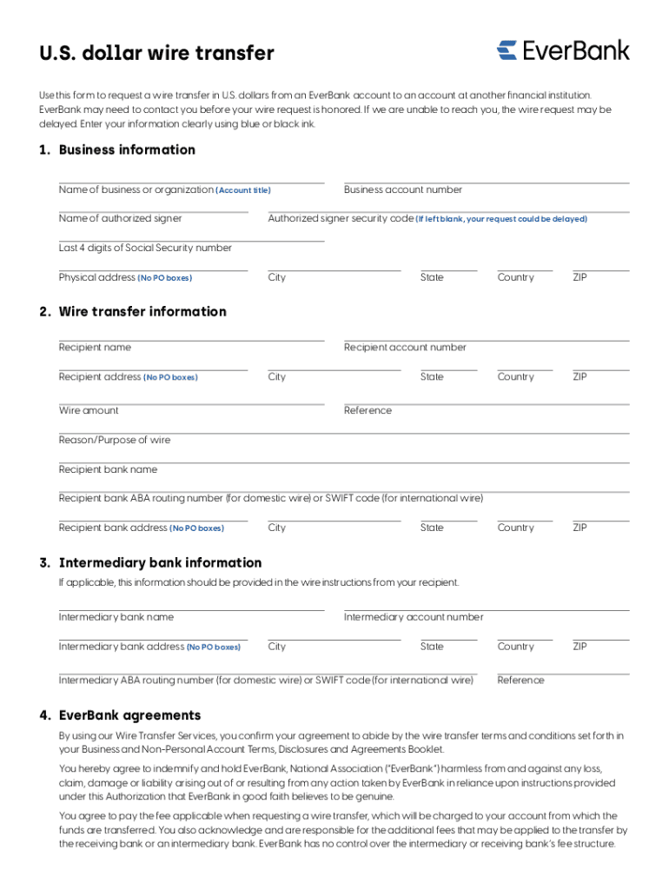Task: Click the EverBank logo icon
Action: [507, 50]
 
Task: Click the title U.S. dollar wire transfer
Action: [156, 53]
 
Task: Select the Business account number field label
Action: [403, 189]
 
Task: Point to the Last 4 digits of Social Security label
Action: [145, 248]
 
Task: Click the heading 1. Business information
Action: [117, 149]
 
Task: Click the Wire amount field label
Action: [89, 410]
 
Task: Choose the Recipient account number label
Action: [405, 347]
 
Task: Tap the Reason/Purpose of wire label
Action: [115, 440]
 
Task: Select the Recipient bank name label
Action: [108, 469]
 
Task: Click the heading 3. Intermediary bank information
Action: [150, 562]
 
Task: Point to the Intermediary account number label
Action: [414, 617]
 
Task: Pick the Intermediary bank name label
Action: [116, 617]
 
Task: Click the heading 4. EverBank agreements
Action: [120, 715]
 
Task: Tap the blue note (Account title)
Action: [243, 190]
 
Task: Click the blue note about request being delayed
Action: [501, 219]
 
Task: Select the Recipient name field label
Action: [95, 347]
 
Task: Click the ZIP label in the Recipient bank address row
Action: [580, 528]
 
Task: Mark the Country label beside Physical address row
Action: [516, 277]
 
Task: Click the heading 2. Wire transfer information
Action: [132, 311]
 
